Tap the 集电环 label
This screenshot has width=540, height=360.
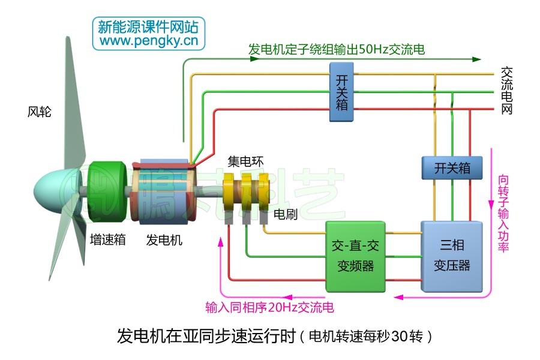245,161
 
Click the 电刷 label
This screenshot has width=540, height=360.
286,214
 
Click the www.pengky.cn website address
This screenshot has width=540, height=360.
149,41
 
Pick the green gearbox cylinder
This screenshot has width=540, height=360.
107,192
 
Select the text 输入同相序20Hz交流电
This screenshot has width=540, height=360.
269,308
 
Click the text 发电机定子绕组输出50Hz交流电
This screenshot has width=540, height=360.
336,50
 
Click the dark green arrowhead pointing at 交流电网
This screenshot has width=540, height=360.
477,59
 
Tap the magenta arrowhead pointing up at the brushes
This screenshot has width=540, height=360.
220,240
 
